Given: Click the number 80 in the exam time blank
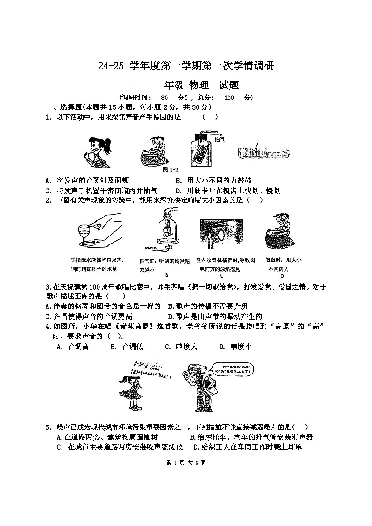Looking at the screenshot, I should (x=164, y=98).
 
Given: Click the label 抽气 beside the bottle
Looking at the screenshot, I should (x=220, y=139).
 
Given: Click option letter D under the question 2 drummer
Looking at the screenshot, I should (x=282, y=276).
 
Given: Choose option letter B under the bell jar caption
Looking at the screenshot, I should (x=167, y=275).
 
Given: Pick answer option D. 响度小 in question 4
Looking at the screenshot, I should (x=235, y=346).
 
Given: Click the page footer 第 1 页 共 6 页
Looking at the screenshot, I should (x=186, y=463).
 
